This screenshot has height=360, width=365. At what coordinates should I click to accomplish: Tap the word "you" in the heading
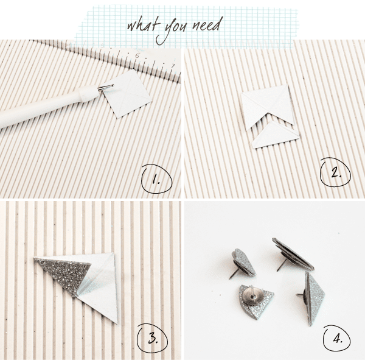[x=173, y=27]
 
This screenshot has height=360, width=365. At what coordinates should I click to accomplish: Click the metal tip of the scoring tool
[x=106, y=88]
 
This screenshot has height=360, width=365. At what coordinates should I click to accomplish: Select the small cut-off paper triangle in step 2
[x=275, y=136]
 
